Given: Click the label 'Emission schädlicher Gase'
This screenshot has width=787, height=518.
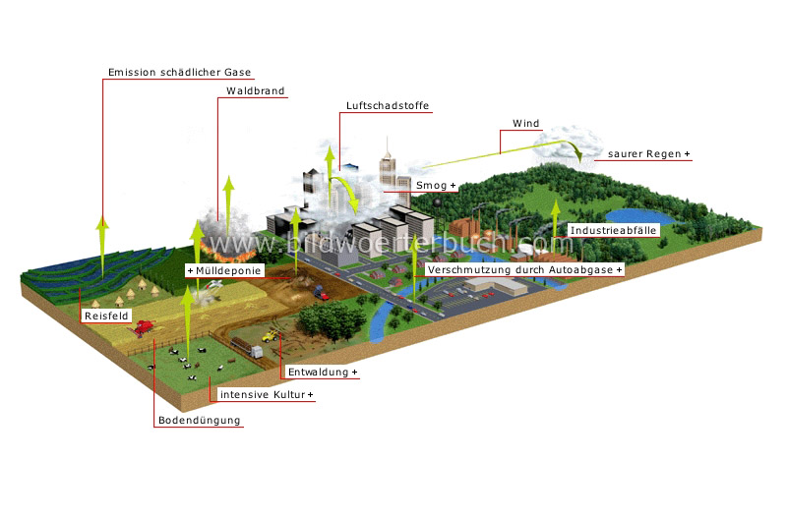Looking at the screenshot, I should (179, 72).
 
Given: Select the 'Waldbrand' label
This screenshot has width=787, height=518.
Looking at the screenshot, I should (255, 91).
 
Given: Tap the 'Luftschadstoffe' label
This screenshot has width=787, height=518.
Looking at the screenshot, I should (388, 105).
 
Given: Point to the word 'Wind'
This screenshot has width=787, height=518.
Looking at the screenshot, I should (526, 124).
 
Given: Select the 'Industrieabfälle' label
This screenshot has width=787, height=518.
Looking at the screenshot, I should (613, 229).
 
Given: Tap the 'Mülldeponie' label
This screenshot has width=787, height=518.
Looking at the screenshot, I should (223, 269).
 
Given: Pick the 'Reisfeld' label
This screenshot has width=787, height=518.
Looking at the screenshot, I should (106, 317).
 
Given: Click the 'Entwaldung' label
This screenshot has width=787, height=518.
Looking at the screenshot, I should (322, 374).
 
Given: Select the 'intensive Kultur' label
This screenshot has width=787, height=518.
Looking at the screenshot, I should (266, 395).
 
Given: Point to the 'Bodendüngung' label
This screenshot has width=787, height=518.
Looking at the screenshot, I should (199, 421).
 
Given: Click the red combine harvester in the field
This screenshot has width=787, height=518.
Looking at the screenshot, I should (145, 328).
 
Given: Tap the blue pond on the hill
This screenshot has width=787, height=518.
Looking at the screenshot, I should (638, 214).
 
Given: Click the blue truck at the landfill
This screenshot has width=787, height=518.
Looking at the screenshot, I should (320, 291).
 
